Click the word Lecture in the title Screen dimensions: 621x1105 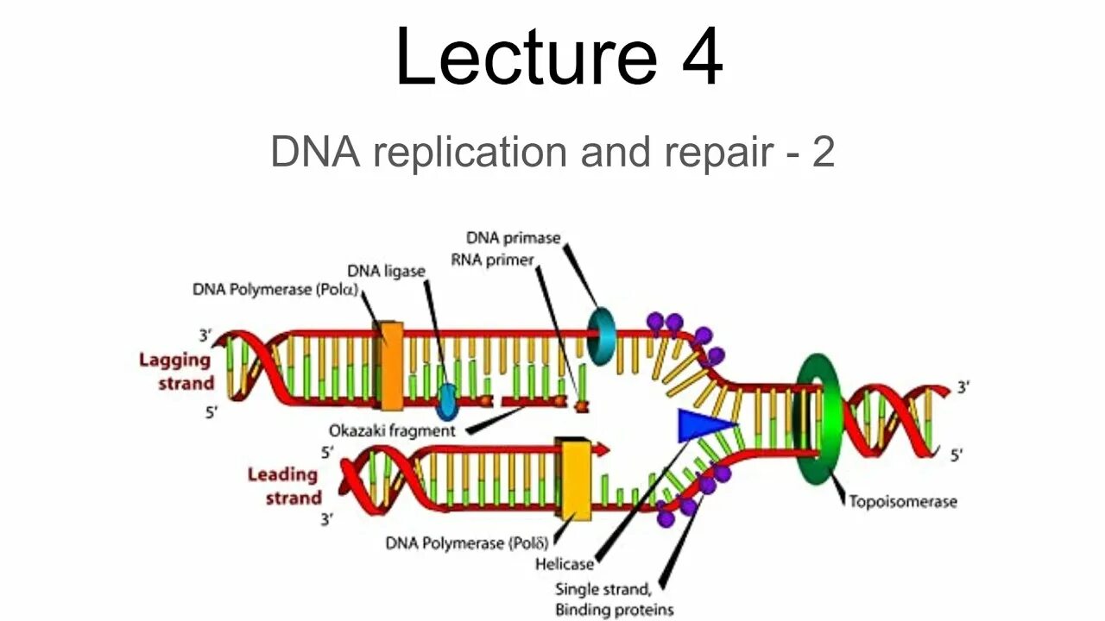[x=525, y=57]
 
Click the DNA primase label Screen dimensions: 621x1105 [x=513, y=237]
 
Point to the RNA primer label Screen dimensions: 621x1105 [x=492, y=260]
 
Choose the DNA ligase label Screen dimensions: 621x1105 [x=386, y=271]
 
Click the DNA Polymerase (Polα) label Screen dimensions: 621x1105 [x=275, y=290]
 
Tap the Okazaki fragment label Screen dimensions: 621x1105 [x=391, y=430]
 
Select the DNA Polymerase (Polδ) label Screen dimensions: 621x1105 [x=467, y=543]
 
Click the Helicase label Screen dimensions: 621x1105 [x=565, y=564]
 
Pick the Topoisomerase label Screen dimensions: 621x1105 [x=902, y=501]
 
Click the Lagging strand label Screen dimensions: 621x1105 [x=176, y=372]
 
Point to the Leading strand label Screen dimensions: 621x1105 [x=284, y=486]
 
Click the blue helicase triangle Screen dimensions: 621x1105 [x=701, y=425]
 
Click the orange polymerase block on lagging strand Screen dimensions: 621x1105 [x=390, y=366]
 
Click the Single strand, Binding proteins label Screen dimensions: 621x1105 [x=614, y=599]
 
